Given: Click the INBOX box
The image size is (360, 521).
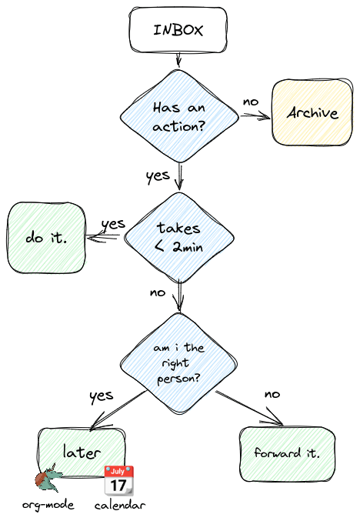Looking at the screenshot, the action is pos(178,30).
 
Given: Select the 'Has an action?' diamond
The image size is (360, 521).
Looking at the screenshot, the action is pos(179,116).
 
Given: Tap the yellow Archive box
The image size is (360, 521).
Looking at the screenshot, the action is pos(312,112).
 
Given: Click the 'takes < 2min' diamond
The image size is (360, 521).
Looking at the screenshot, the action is pos(179,238).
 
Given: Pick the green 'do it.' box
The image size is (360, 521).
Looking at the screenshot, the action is pos(46,238).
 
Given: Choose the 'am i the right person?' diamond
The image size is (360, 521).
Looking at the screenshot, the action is pos(178,363).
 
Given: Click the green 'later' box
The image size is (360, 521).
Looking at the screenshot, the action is pos(82,453).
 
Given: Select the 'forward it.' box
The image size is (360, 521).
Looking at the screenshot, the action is pos(287,454).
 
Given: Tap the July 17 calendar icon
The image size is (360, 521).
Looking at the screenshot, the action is pos(119,480).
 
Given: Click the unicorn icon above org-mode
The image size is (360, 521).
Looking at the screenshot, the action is pos(48,478).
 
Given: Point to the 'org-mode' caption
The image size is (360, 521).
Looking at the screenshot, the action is pos(48,506).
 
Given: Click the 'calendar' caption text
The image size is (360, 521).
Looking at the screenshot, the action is pos(120,506).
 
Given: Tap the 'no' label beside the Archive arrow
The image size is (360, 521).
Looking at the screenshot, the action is pos(251,102).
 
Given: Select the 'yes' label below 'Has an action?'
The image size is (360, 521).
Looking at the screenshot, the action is pos(158,176).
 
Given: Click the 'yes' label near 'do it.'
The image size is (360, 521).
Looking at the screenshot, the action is pos(113,225).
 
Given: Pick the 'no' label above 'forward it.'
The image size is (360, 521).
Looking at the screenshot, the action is pos(272,394).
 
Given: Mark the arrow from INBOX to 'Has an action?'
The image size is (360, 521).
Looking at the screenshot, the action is pos(178,60).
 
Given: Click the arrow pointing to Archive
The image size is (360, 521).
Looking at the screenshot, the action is pos(255,116).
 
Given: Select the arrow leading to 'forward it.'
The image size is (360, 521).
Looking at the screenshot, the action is pos(249,408).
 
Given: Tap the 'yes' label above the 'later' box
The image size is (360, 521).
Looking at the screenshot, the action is pos(102,396).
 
